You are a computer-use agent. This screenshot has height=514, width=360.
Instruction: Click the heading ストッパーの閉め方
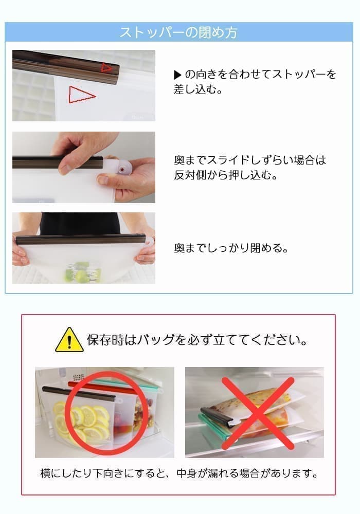pos(178,32)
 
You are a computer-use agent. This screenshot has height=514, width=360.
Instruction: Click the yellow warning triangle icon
pos(69,340)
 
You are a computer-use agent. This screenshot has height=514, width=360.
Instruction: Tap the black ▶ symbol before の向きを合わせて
pos(177,75)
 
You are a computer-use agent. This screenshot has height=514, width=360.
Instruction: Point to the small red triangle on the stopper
pos(106,67)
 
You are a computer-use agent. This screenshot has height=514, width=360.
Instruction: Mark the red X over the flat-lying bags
pos(258,413)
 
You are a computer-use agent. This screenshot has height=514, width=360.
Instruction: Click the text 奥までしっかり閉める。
pos(231,248)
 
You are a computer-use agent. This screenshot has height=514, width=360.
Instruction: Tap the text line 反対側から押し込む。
pos(226,175)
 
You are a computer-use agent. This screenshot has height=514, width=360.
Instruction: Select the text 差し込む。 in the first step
pos(198,89)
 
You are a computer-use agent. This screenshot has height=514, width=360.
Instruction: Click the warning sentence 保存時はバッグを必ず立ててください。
pos(197,340)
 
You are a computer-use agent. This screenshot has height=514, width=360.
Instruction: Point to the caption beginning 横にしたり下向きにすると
pos(179,473)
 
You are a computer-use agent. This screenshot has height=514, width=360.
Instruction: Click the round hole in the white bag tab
pos(122,170)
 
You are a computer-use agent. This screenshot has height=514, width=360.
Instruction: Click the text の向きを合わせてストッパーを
pos(261,75)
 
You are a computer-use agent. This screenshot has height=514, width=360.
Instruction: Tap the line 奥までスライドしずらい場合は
pos(250,160)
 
